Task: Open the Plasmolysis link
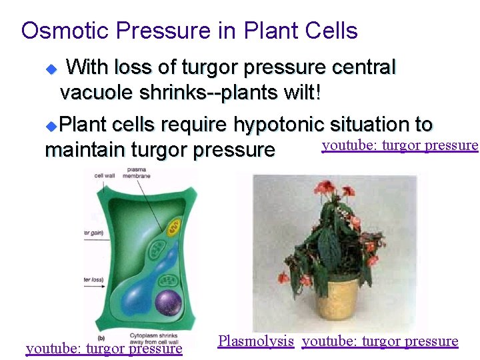[x=255, y=341]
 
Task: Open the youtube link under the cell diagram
[x=103, y=348]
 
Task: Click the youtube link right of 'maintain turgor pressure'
[x=400, y=145]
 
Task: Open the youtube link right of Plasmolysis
[x=380, y=341]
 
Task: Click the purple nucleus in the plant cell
[x=168, y=303]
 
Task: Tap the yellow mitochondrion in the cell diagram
[x=174, y=227]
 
